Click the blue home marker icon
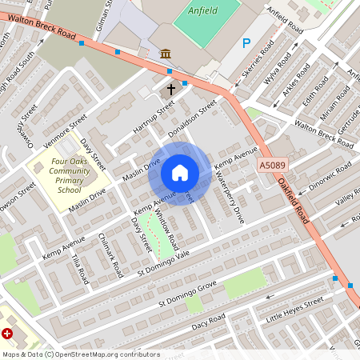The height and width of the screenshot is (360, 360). (180, 173)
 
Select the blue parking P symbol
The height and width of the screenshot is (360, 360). (246, 44)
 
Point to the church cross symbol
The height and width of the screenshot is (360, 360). (170, 90)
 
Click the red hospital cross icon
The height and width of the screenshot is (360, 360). (7, 333)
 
